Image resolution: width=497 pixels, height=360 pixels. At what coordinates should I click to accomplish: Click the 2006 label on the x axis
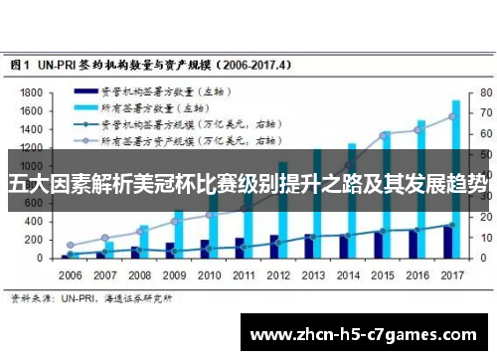tap(70, 273)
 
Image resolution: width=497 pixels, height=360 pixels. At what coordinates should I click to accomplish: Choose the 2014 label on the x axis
tap(349, 273)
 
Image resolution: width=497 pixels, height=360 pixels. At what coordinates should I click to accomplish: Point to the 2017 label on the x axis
tap(453, 273)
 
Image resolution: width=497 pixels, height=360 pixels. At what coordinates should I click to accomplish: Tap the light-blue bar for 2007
tap(108, 250)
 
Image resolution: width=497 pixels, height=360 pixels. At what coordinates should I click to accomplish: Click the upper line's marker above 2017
tap(452, 116)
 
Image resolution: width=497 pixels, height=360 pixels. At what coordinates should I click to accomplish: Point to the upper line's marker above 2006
tap(70, 245)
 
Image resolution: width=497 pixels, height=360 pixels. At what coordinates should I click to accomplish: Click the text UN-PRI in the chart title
tap(62, 63)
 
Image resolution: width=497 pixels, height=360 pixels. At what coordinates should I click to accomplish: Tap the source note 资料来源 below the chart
tap(30, 296)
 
